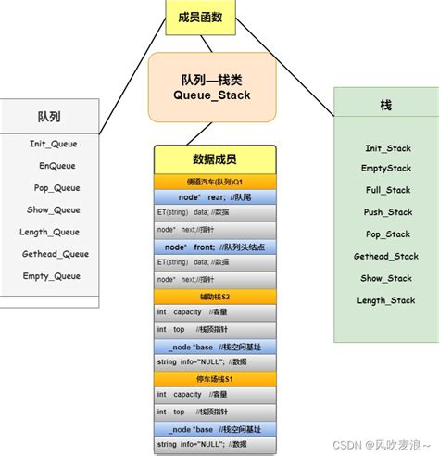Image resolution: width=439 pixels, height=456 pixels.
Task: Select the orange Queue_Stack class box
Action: click(x=213, y=87)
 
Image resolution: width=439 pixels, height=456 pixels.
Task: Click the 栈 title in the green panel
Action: click(x=386, y=106)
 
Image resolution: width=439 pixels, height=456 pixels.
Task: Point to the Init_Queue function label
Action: click(x=53, y=144)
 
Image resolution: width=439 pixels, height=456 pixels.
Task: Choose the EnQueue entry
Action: click(x=56, y=166)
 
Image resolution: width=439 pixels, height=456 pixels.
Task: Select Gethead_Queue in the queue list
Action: click(x=56, y=253)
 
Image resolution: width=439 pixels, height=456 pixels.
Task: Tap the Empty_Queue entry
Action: click(x=53, y=275)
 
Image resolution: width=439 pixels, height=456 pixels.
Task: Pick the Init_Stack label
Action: click(x=387, y=148)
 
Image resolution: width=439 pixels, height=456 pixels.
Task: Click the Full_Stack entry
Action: click(x=387, y=190)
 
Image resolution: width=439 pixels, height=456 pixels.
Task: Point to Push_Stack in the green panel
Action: click(x=387, y=212)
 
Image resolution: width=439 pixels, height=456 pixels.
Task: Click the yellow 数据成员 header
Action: click(x=215, y=160)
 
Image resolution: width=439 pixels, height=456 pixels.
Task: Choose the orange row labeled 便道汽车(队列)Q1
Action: click(x=215, y=183)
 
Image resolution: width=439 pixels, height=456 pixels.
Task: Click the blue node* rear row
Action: click(x=215, y=197)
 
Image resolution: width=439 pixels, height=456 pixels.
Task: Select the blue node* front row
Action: click(x=215, y=247)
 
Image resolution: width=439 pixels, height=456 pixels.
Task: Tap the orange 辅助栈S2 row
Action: click(x=215, y=297)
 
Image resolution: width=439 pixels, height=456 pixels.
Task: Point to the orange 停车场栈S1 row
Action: click(x=215, y=378)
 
